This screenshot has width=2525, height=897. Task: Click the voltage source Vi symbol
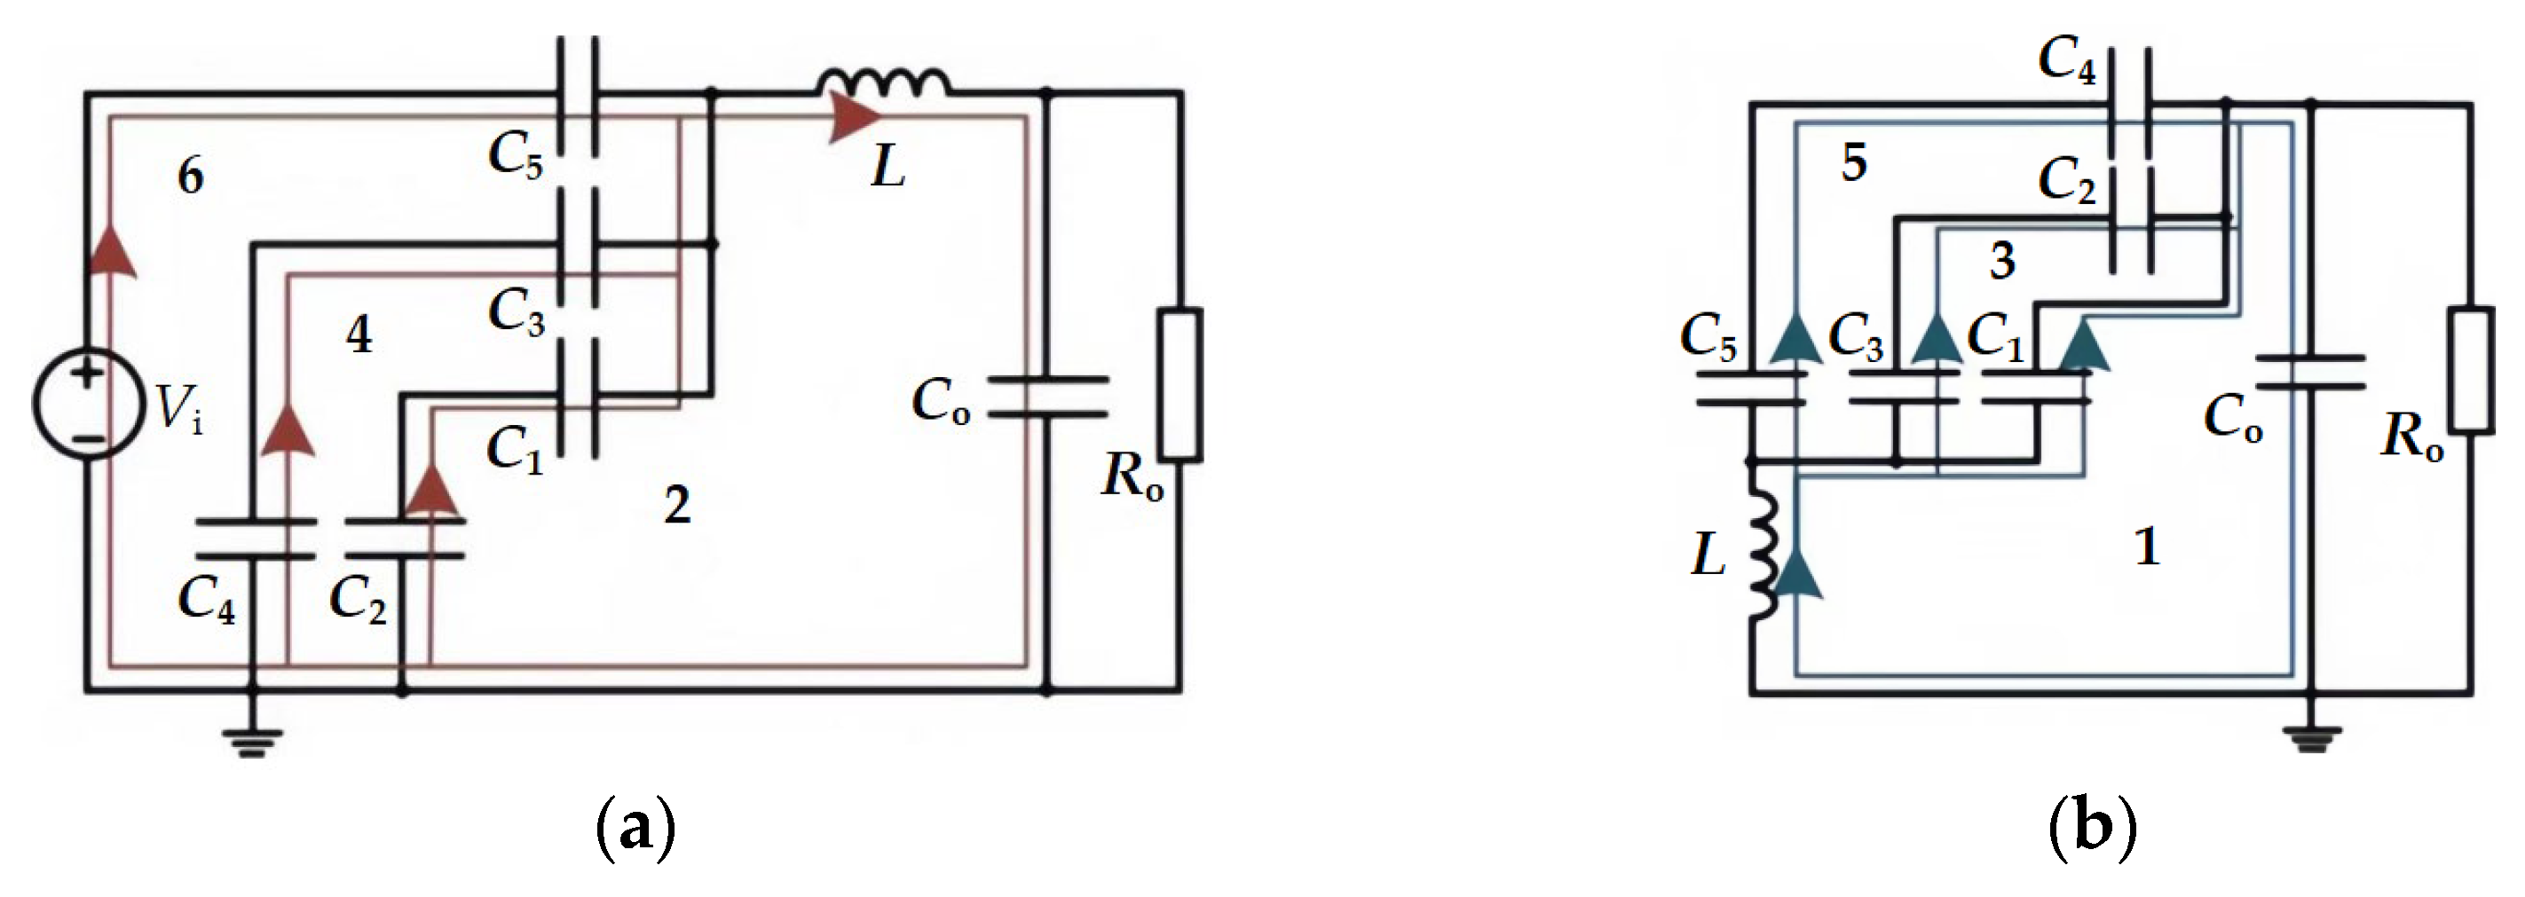(x=86, y=405)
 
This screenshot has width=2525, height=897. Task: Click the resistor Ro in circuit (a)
(x=1181, y=384)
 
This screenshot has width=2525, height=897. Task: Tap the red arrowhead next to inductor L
(x=853, y=119)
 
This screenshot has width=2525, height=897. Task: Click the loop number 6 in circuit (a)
(x=190, y=177)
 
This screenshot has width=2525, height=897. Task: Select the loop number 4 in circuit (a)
(x=359, y=336)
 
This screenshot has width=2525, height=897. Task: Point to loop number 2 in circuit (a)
(x=677, y=506)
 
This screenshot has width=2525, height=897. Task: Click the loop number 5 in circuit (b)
(x=1853, y=162)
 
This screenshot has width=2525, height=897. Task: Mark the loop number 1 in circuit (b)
(x=2147, y=546)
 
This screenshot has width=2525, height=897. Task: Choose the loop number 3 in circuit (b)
(x=2002, y=261)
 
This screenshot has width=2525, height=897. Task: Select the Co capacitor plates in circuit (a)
(x=1047, y=396)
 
